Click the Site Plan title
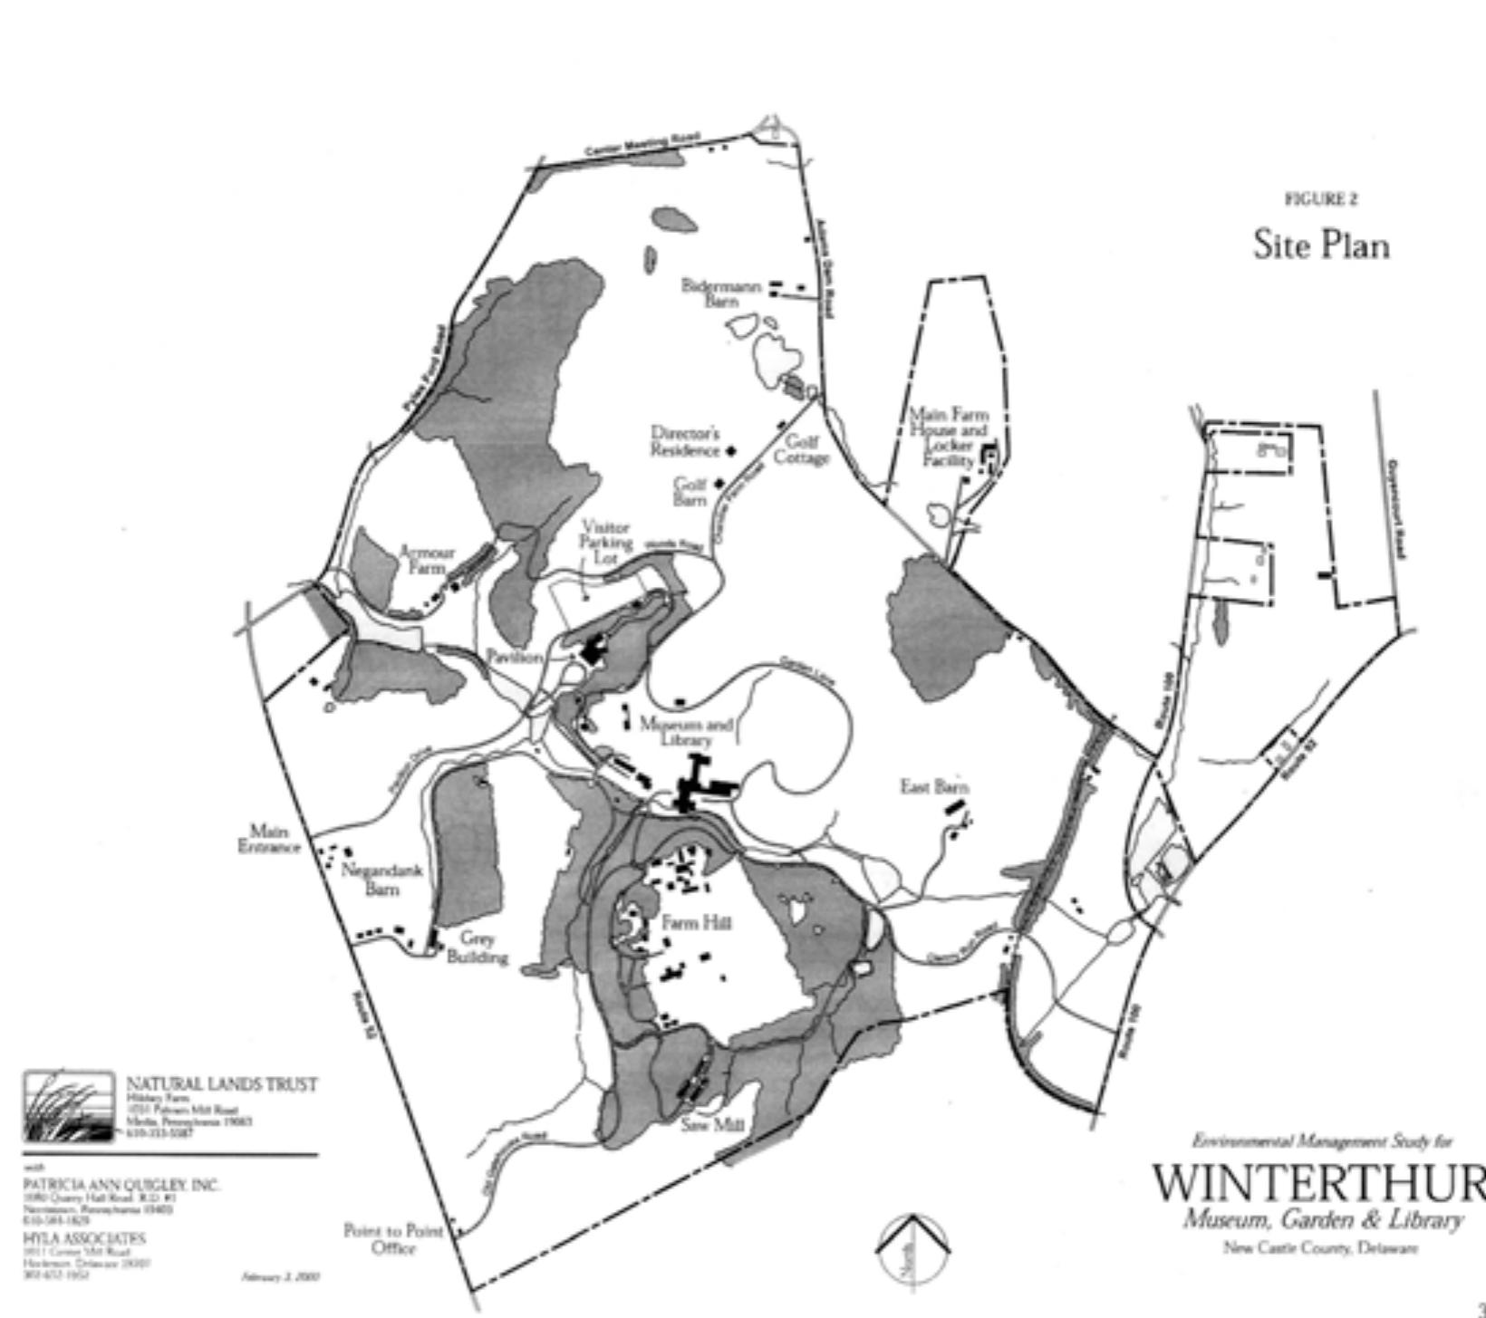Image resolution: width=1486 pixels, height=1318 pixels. coord(1321,245)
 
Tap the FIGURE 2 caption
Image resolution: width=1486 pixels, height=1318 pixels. coord(1321,199)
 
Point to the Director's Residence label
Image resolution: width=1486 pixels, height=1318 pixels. coord(685,441)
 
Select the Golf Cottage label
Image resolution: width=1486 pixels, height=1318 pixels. coord(801,449)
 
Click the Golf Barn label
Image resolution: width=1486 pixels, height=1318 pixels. coord(690,492)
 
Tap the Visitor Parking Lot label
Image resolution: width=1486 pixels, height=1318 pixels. coord(605,543)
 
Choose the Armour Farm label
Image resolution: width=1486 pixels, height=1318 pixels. coord(427,560)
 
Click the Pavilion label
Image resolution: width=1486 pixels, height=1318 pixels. coord(514,656)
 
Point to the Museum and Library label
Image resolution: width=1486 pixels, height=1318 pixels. coord(686,731)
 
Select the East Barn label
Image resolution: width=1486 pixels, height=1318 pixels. coord(933,786)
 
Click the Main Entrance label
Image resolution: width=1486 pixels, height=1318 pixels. coord(269,839)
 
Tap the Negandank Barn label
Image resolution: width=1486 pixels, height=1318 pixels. coord(381,880)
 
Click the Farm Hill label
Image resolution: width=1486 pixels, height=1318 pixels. coord(696,923)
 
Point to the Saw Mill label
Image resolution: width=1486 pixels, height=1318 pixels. coord(712,1124)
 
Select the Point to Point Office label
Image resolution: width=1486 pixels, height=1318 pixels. coord(393,1239)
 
